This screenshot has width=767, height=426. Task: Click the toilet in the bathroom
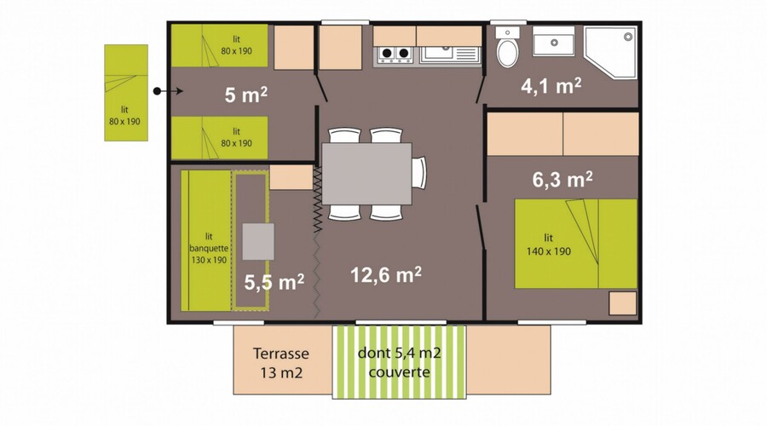508,48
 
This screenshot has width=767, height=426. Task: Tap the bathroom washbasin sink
554,42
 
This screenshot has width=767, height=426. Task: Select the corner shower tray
611,52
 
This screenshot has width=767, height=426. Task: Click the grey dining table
366,174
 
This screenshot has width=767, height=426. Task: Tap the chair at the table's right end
418,173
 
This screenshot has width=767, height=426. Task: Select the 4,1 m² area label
551,86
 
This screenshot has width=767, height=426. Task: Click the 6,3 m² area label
562,180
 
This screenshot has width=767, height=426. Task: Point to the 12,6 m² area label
386,275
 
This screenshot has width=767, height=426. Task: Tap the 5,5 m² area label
274,282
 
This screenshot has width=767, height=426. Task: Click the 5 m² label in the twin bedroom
246,95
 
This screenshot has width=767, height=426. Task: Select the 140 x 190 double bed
576,243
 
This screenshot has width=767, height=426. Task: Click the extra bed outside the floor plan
126,93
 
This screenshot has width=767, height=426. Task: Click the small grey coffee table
258,242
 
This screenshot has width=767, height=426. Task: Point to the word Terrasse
280,353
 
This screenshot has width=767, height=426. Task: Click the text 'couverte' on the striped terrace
399,372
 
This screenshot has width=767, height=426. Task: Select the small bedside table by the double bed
623,303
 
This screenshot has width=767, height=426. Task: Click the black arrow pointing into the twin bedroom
169,91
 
